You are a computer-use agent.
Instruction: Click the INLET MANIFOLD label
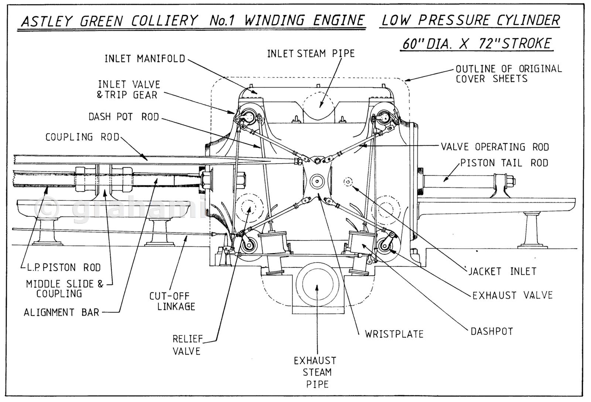(x=144, y=59)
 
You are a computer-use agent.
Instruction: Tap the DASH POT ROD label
(x=123, y=117)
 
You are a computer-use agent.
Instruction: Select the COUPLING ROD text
(x=82, y=137)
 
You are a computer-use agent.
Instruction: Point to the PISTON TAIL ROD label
(x=504, y=163)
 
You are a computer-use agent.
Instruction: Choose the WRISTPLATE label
(x=394, y=334)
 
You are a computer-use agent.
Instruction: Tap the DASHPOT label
(x=492, y=331)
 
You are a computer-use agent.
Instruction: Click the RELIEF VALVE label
(x=187, y=345)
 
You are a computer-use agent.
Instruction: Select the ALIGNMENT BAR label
(x=61, y=313)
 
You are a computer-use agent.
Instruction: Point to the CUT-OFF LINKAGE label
(x=172, y=301)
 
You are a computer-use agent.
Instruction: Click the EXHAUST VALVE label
(x=512, y=295)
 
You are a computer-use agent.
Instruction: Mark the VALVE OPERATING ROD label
(x=495, y=147)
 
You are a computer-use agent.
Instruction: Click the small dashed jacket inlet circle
(x=348, y=182)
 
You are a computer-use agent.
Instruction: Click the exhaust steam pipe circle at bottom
(x=317, y=284)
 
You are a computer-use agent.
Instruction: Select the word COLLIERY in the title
(x=164, y=21)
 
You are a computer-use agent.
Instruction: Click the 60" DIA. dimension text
(x=428, y=44)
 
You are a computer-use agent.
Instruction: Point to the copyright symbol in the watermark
(x=47, y=208)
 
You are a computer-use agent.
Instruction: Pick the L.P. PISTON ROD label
(x=60, y=267)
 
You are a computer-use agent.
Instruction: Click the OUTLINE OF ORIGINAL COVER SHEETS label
(x=508, y=74)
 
